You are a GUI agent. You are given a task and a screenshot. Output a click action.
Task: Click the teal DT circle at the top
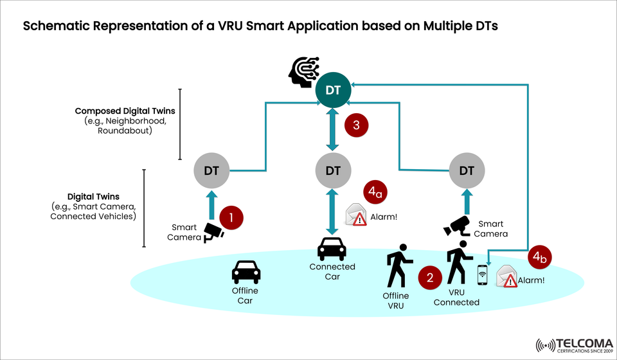(333, 90)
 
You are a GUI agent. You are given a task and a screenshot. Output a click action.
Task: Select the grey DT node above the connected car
(333, 171)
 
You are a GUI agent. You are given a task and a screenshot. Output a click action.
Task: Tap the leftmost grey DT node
(211, 171)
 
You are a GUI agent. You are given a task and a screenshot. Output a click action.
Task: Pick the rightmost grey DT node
(467, 171)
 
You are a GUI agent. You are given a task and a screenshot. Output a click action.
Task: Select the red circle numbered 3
(357, 125)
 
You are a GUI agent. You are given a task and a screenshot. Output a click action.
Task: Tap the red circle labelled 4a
(377, 192)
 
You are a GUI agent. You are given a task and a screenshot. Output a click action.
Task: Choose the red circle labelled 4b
(539, 258)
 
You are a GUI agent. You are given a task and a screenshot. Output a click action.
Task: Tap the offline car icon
(246, 272)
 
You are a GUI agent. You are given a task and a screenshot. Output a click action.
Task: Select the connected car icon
(332, 249)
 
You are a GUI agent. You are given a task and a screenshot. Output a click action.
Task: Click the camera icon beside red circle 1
(213, 233)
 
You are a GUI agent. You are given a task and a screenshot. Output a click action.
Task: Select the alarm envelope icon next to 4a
(356, 215)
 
